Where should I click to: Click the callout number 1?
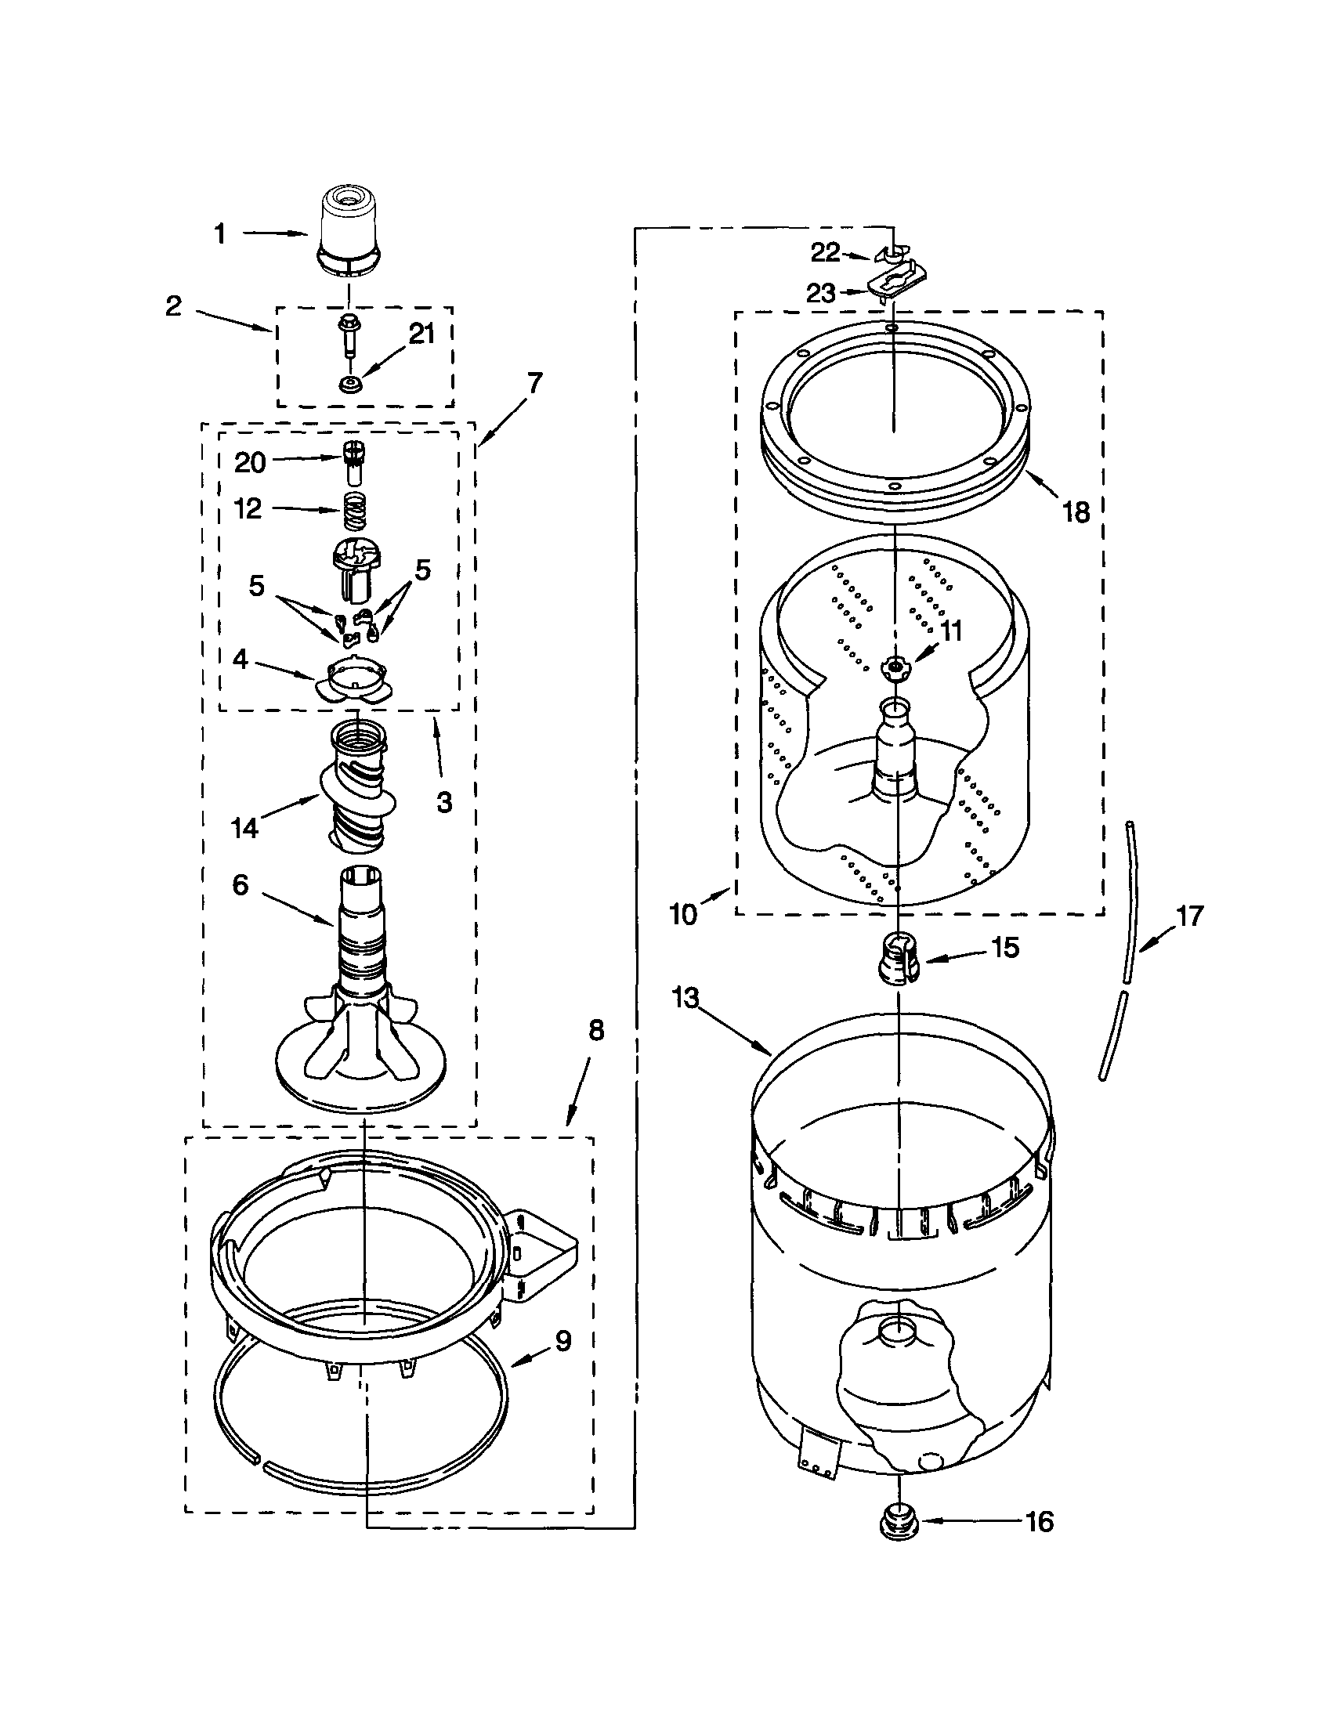(220, 233)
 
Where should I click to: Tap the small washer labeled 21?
(348, 385)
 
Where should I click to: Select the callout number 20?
(249, 462)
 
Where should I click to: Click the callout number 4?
(239, 659)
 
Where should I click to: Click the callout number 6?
(241, 884)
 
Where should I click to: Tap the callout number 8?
(595, 1030)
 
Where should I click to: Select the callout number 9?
(562, 1341)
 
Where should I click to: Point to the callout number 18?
(1076, 512)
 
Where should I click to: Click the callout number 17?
(1189, 916)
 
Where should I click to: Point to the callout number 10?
(683, 913)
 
